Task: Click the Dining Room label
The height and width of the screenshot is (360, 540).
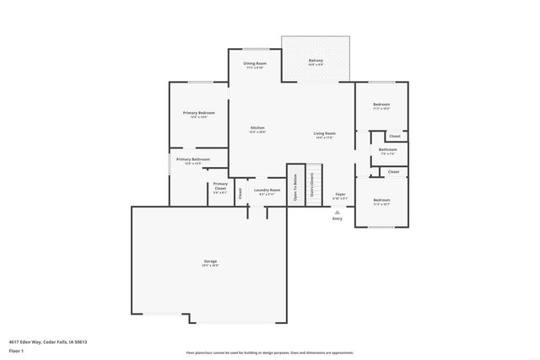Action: (x=255, y=64)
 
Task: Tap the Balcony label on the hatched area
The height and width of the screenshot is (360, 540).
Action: (x=316, y=61)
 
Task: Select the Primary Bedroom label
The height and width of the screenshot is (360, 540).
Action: (x=199, y=113)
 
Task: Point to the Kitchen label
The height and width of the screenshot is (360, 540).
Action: (x=256, y=128)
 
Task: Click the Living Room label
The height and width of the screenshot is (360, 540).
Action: (x=325, y=133)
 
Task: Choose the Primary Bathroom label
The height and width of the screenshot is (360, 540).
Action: (x=193, y=159)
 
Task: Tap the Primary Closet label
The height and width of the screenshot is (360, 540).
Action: (x=219, y=185)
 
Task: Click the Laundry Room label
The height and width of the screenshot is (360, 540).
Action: (x=267, y=191)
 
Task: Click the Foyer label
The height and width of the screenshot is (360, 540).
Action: (x=340, y=193)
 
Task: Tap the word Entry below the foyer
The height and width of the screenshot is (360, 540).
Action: (x=337, y=218)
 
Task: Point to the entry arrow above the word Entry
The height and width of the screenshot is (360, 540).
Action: (x=337, y=211)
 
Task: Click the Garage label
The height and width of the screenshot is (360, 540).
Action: (x=209, y=261)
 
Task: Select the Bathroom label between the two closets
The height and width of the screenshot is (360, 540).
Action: (x=387, y=150)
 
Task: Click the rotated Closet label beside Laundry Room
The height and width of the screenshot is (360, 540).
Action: (x=240, y=192)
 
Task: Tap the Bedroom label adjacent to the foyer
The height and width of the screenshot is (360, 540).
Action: (x=381, y=199)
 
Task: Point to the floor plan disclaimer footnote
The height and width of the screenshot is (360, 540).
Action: (x=269, y=352)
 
